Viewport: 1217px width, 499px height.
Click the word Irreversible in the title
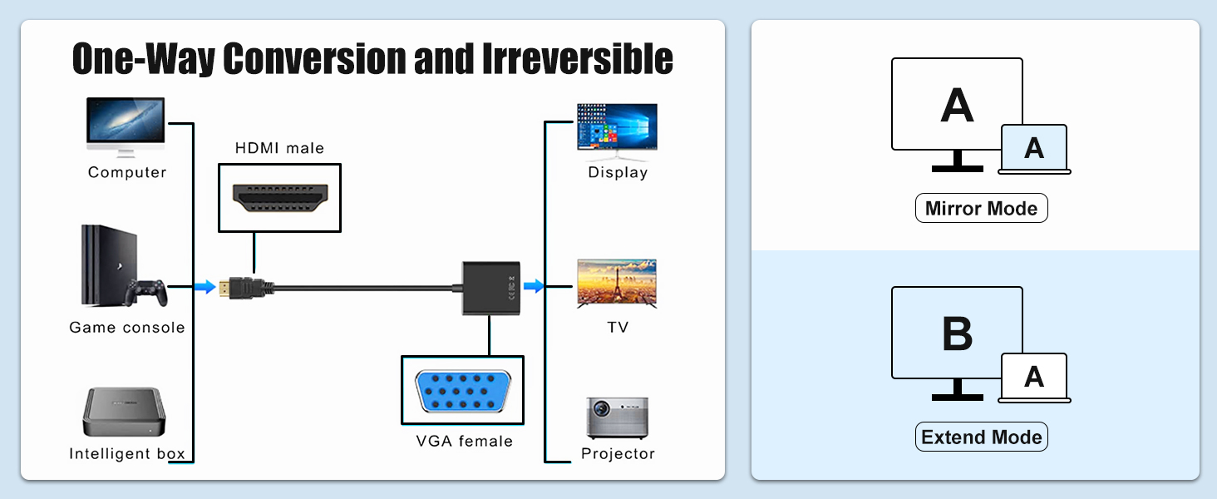coord(577,58)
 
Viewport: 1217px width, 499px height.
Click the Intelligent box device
coord(124,413)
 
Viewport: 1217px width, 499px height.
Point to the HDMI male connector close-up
coord(279,197)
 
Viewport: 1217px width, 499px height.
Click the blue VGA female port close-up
coord(463,389)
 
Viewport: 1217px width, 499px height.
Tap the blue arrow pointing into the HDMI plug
coord(204,287)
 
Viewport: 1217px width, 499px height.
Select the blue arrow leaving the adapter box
coord(534,286)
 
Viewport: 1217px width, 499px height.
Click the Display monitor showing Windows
coord(617,128)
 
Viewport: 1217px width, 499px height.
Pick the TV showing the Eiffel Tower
coord(617,284)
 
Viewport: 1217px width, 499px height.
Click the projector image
coord(617,417)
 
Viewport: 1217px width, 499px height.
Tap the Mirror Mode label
coord(981,208)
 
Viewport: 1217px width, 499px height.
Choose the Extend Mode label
coord(981,437)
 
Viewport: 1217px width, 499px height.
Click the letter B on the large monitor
coord(958,333)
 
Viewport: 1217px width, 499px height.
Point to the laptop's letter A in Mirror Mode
coord(1033,149)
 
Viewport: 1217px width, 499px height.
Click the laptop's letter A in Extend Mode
coord(1033,378)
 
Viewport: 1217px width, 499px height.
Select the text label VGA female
coord(464,441)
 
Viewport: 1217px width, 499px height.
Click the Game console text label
coord(127,328)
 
